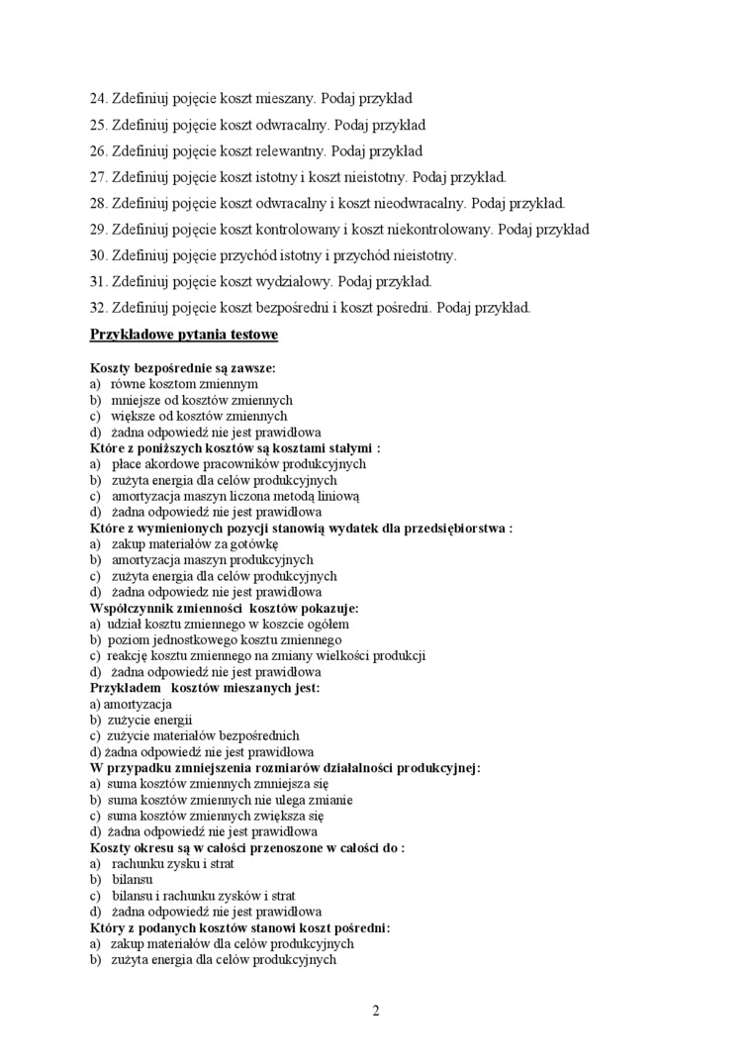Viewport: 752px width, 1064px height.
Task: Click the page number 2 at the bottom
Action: tap(376, 1011)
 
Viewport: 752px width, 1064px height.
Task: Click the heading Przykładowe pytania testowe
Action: tap(184, 335)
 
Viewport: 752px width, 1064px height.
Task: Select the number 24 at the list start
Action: tap(98, 99)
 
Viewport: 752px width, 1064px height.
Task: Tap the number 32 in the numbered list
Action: tap(98, 307)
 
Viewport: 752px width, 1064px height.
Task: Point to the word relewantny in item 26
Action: tap(291, 151)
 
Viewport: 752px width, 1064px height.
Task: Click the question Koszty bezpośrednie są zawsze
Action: tap(183, 367)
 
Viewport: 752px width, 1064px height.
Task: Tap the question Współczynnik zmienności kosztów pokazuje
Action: tap(225, 608)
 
